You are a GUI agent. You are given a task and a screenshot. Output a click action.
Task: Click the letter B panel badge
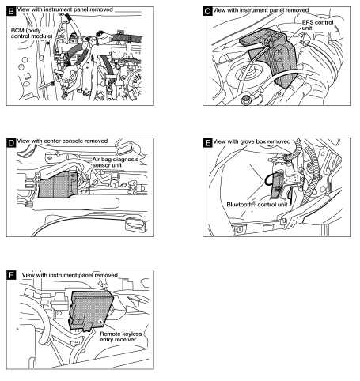point(10,11)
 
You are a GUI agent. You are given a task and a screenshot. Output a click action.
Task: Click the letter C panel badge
point(207,11)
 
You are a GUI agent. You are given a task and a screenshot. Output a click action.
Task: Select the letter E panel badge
point(207,144)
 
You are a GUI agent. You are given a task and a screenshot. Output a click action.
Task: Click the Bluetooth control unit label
point(256,205)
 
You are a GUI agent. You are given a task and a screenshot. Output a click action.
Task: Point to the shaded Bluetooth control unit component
point(276,185)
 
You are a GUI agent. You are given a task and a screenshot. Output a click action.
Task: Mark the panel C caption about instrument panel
point(261,11)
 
